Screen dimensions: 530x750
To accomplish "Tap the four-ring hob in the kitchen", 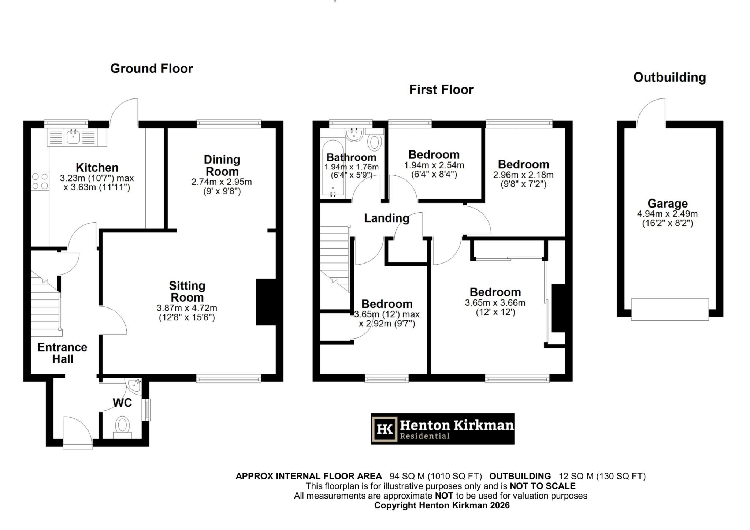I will tap(40, 181).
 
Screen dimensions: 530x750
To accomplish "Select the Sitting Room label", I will tap(187, 291).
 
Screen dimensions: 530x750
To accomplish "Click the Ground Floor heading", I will tap(151, 68).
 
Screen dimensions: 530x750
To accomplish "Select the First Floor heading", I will tap(441, 90).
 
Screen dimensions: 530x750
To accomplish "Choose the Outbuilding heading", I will tap(669, 78).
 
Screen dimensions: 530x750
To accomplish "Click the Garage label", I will tap(667, 204).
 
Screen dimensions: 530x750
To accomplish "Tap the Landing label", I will tap(386, 218).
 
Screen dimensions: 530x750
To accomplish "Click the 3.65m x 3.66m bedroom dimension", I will tap(495, 303).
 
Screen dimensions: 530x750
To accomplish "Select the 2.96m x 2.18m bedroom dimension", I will tap(523, 175).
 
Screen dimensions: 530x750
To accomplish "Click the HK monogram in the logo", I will tap(385, 429).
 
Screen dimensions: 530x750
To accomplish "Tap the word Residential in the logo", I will tap(424, 436).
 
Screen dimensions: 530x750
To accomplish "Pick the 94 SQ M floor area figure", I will tap(407, 476).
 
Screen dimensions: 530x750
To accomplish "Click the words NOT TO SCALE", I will tap(542, 486).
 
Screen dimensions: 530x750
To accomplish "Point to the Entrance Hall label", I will tap(62, 353).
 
